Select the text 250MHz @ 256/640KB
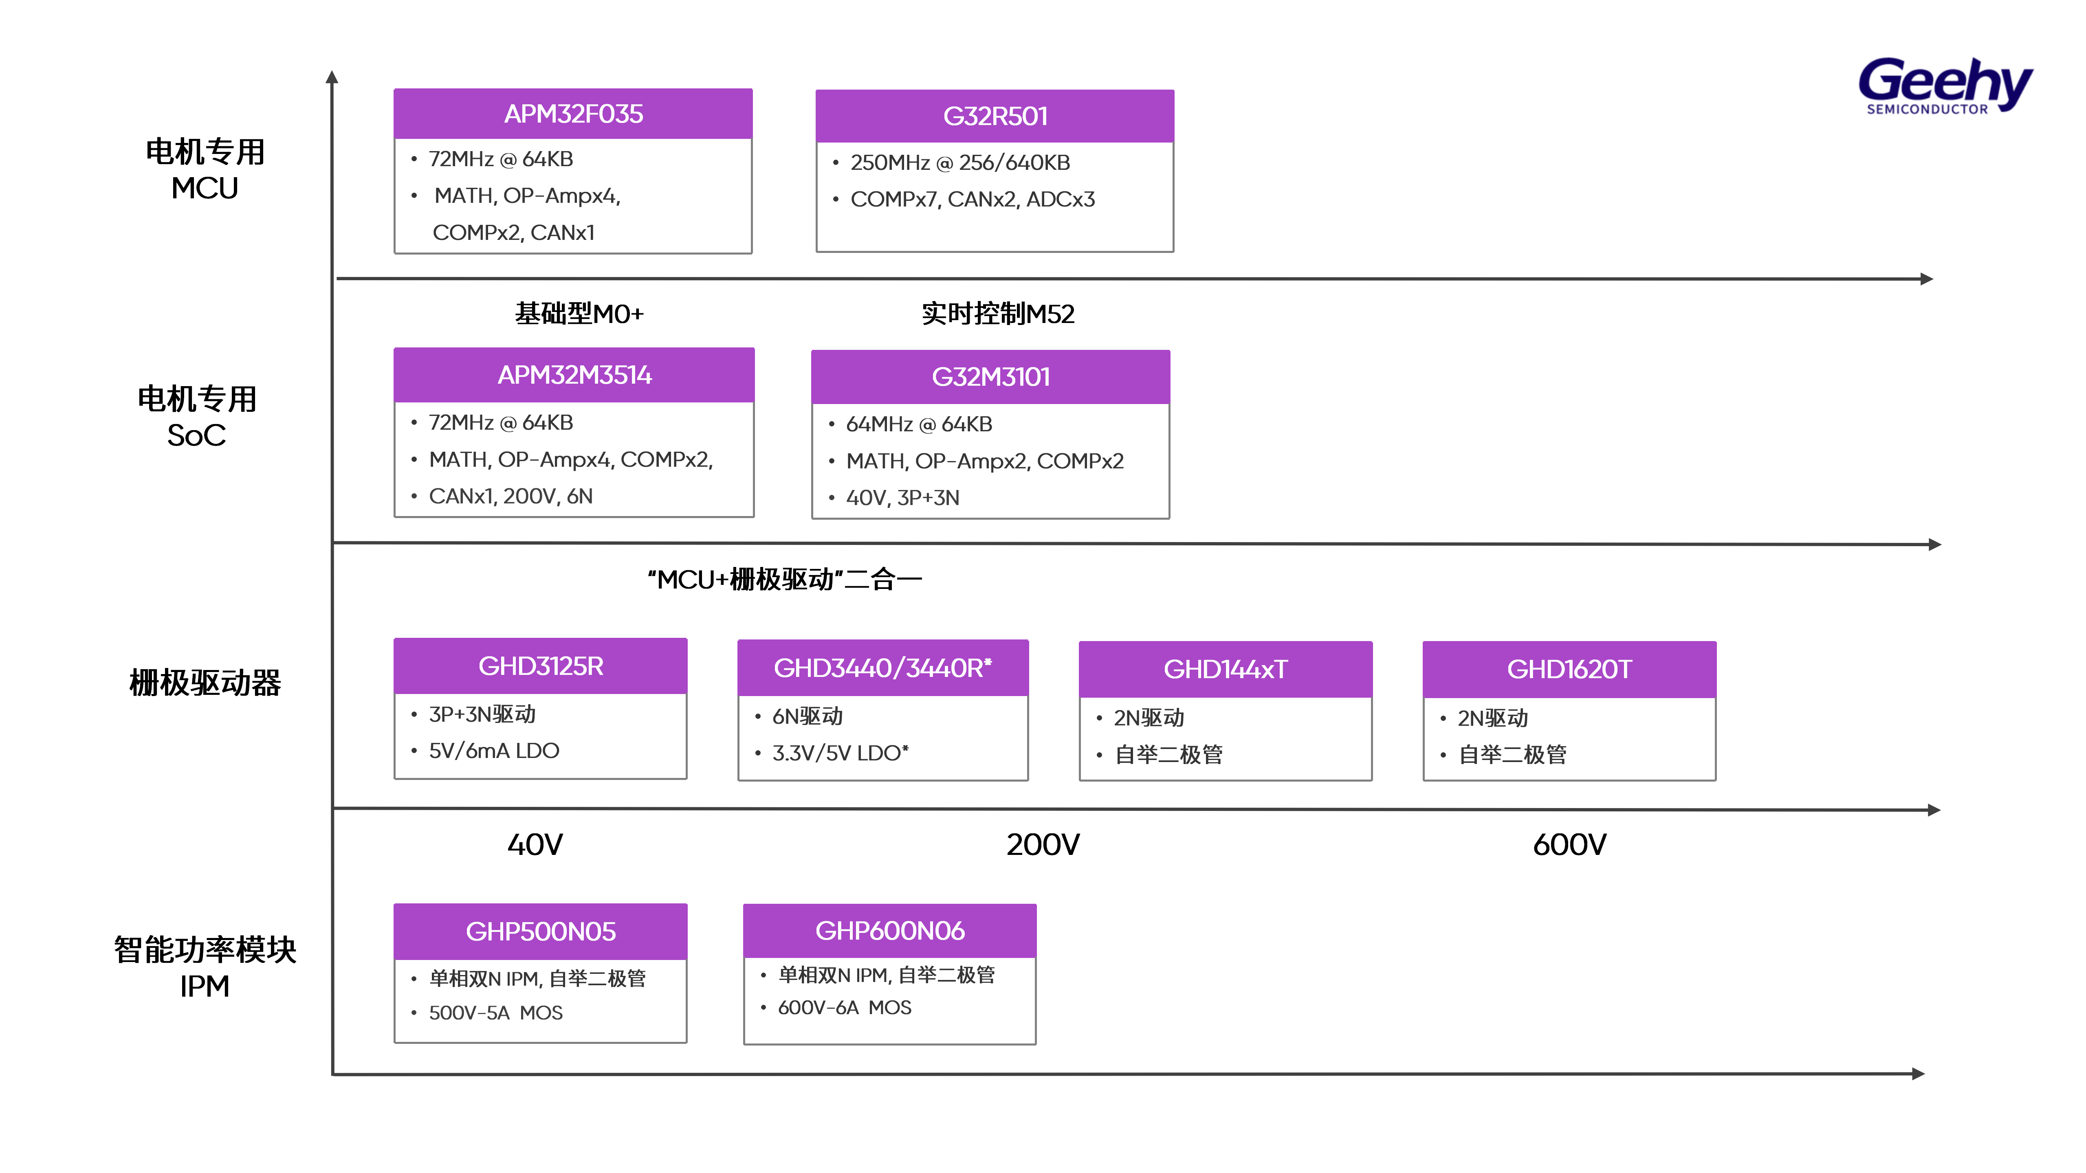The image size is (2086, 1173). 959,163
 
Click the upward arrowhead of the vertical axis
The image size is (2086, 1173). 331,77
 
